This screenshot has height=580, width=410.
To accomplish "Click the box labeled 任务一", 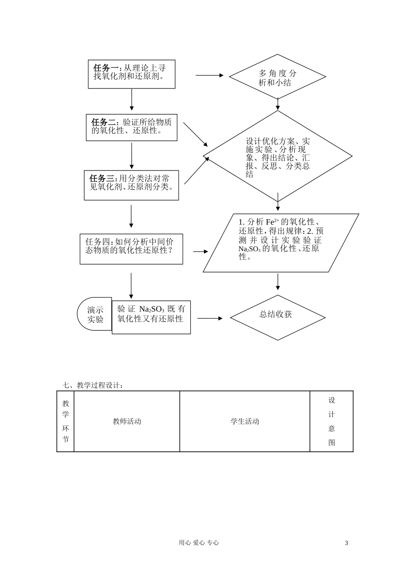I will tap(132, 74).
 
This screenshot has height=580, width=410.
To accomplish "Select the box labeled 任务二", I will tap(132, 128).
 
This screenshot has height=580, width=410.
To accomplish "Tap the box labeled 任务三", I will tap(131, 185).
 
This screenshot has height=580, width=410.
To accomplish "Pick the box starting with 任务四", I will tap(131, 249).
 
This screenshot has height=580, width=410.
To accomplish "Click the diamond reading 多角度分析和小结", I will tap(277, 77).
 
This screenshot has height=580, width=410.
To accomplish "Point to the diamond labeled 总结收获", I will tap(277, 318).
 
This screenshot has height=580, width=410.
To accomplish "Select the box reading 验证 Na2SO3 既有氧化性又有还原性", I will tap(151, 318).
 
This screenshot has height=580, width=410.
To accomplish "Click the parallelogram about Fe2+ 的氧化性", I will tap(281, 243).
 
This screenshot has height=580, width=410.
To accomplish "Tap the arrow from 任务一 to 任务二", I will tap(132, 100).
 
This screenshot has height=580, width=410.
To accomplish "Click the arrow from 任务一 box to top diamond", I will tap(209, 75).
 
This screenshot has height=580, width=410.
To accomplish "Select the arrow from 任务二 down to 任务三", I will tap(132, 155).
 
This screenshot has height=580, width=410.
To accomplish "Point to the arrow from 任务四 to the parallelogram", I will tap(200, 252).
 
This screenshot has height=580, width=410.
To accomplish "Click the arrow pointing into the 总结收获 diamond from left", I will tap(210, 318).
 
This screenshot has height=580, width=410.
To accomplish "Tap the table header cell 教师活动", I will tap(127, 422).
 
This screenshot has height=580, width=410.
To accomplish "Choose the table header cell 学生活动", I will tap(245, 422).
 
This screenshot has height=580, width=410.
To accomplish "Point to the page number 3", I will tap(347, 543).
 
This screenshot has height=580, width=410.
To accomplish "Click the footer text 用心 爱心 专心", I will tap(199, 543).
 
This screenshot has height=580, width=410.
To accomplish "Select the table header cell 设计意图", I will tap(331, 422).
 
